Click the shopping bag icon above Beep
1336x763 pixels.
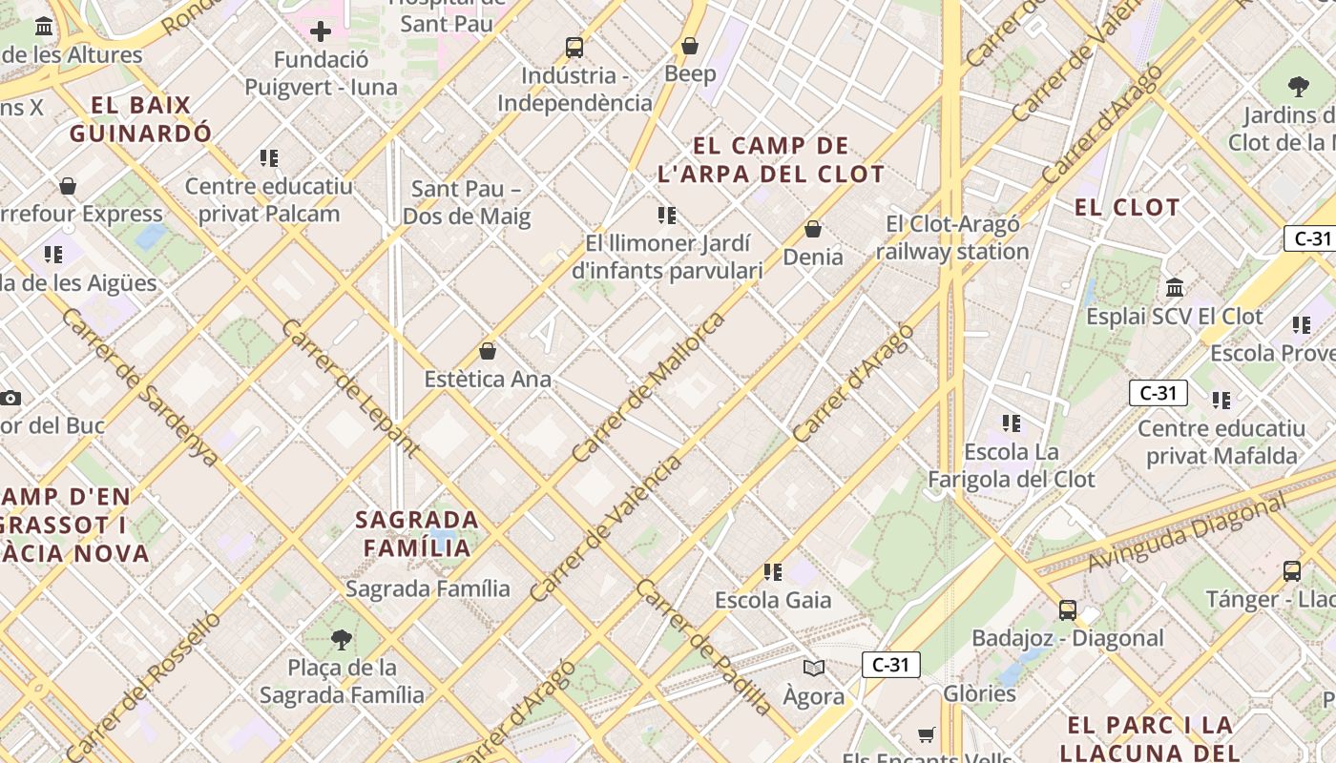tap(690, 46)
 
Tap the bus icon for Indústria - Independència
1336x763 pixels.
tap(574, 47)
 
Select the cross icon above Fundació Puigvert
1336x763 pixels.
tap(321, 31)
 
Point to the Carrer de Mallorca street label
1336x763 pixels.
tap(648, 387)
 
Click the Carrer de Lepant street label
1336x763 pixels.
tap(350, 387)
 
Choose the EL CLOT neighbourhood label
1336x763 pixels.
tap(1127, 207)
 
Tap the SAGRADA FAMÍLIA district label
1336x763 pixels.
tap(417, 534)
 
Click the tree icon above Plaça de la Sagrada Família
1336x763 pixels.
tap(342, 639)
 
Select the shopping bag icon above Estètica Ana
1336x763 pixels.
tap(488, 351)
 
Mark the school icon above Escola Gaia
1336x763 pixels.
tap(773, 572)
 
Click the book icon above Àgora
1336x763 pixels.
tap(813, 669)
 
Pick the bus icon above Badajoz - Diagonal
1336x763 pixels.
tap(1068, 609)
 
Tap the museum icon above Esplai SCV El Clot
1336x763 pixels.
tap(1175, 287)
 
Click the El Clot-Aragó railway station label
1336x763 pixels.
tap(952, 238)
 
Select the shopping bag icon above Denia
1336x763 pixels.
tap(813, 229)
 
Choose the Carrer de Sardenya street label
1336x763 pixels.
tap(139, 386)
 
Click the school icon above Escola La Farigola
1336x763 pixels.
tap(1012, 423)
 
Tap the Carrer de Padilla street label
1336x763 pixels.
tap(704, 647)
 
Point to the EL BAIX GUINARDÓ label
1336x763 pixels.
tap(141, 119)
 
